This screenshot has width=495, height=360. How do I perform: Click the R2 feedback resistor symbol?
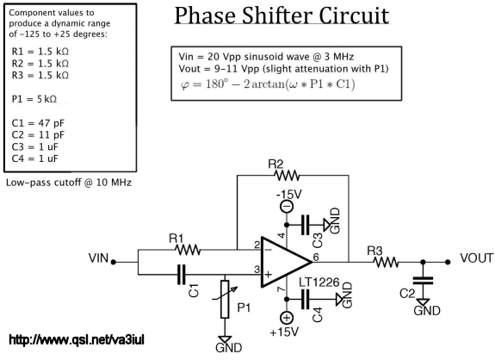click(287, 176)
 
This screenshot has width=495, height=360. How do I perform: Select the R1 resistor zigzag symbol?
click(188, 250)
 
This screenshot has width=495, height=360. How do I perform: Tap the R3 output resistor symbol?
click(386, 262)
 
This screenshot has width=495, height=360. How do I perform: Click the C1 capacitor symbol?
click(182, 275)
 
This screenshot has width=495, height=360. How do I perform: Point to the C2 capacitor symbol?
click(423, 281)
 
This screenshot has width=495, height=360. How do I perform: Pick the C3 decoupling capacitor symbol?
click(305, 225)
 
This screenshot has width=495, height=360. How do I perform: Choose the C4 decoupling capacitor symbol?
click(305, 300)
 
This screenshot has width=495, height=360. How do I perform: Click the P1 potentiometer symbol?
click(225, 299)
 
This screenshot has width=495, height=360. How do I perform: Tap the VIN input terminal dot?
click(114, 262)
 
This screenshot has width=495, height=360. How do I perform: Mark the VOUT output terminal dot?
click(448, 262)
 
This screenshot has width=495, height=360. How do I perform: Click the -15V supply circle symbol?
click(287, 207)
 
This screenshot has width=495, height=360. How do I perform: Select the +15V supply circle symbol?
click(287, 318)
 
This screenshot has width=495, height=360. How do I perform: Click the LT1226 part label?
click(319, 282)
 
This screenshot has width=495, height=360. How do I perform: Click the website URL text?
click(77, 340)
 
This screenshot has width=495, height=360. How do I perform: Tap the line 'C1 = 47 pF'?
click(38, 123)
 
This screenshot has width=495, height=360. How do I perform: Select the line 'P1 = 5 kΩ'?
click(34, 99)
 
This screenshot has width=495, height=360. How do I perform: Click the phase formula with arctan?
click(268, 84)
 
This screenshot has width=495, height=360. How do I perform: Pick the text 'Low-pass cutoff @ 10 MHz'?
click(69, 183)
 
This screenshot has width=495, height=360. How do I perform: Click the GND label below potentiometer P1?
click(229, 348)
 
